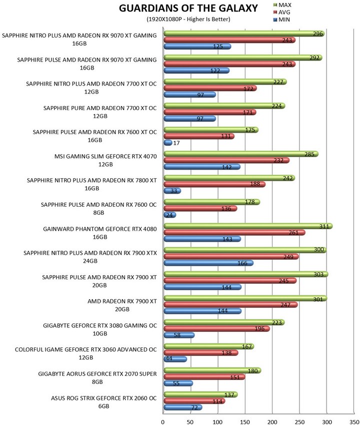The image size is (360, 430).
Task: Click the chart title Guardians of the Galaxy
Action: [x=188, y=8]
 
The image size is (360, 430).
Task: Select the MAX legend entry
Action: [x=282, y=5]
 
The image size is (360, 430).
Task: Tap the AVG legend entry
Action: [x=281, y=13]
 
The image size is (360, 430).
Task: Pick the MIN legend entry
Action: [x=281, y=20]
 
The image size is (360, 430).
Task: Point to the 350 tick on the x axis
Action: [x=354, y=422]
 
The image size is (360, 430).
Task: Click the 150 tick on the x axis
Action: [x=245, y=422]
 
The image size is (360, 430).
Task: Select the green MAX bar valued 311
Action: [x=248, y=226]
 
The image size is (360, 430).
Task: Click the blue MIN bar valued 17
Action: [x=168, y=143]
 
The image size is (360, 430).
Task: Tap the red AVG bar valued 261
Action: [x=234, y=233]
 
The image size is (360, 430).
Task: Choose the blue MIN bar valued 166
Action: [x=208, y=263]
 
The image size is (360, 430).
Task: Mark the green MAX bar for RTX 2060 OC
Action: [x=200, y=394]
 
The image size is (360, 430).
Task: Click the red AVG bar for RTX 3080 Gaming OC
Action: [x=216, y=328]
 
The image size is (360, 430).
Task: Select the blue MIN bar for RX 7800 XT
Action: [x=172, y=191]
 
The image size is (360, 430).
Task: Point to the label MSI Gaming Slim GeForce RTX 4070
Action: [x=105, y=160]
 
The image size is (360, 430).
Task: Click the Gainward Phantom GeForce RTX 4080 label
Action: [x=100, y=233]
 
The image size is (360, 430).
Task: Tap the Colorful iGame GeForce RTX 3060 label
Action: [x=86, y=353]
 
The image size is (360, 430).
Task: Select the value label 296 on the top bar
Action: [x=318, y=34]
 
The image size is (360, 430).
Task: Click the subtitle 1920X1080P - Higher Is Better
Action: [x=188, y=19]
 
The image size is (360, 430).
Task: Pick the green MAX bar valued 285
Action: [x=241, y=154]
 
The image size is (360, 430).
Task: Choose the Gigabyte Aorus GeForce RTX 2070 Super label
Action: [x=97, y=378]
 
